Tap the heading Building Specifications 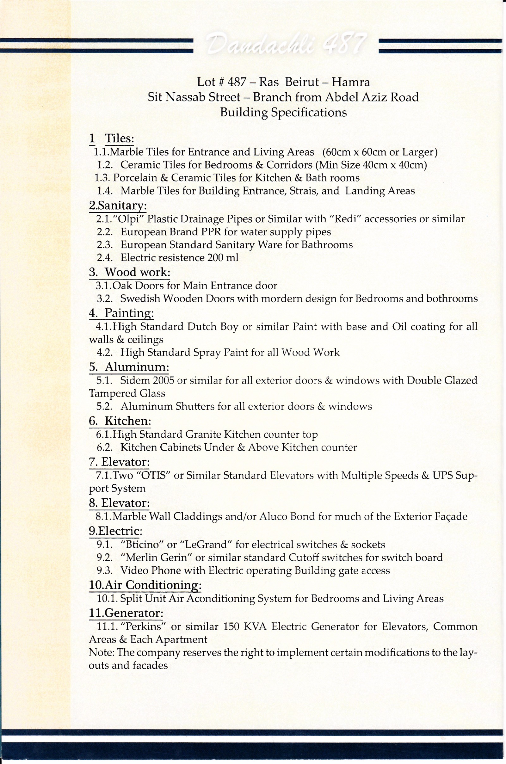coord(283,112)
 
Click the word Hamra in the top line coord(350,82)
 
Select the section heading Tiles coord(119,138)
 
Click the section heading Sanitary coord(118,205)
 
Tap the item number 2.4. coord(105,257)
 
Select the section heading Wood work coord(137,272)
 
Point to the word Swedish coord(140,299)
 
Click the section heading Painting coord(129,313)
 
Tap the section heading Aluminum coord(137,367)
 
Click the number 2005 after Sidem coord(163,380)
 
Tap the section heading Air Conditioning coord(145,585)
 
